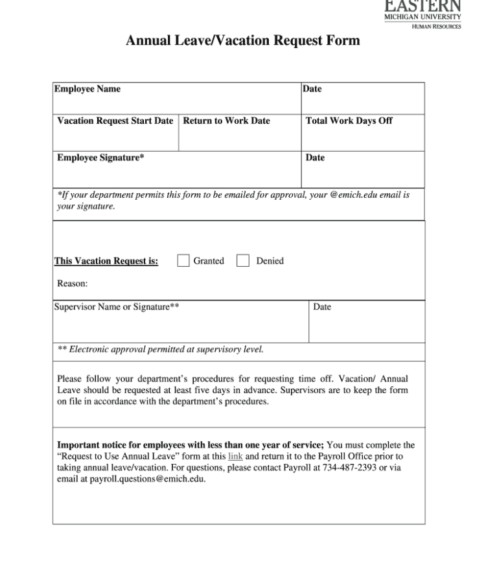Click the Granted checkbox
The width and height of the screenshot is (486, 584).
[183, 261]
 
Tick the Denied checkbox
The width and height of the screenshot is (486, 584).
[243, 261]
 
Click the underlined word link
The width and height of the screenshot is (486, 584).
[235, 456]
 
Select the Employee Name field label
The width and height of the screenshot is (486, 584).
[87, 89]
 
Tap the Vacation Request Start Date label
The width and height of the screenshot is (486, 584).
[115, 121]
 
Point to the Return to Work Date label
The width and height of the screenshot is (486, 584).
[227, 121]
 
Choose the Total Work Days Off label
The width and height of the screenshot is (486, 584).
[349, 121]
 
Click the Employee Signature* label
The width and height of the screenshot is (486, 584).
[100, 158]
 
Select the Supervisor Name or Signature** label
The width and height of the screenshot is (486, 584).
[117, 307]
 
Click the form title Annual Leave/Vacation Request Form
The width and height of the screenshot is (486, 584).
[242, 41]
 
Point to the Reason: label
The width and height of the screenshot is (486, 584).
[73, 283]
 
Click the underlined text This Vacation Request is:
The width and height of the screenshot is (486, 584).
[106, 262]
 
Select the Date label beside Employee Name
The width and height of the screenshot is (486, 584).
[312, 89]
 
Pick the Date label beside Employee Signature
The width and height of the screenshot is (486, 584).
[315, 158]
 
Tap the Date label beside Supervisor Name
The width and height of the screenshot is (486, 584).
[322, 307]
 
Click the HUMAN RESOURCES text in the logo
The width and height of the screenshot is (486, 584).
[437, 27]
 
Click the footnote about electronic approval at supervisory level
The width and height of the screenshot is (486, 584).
[161, 350]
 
